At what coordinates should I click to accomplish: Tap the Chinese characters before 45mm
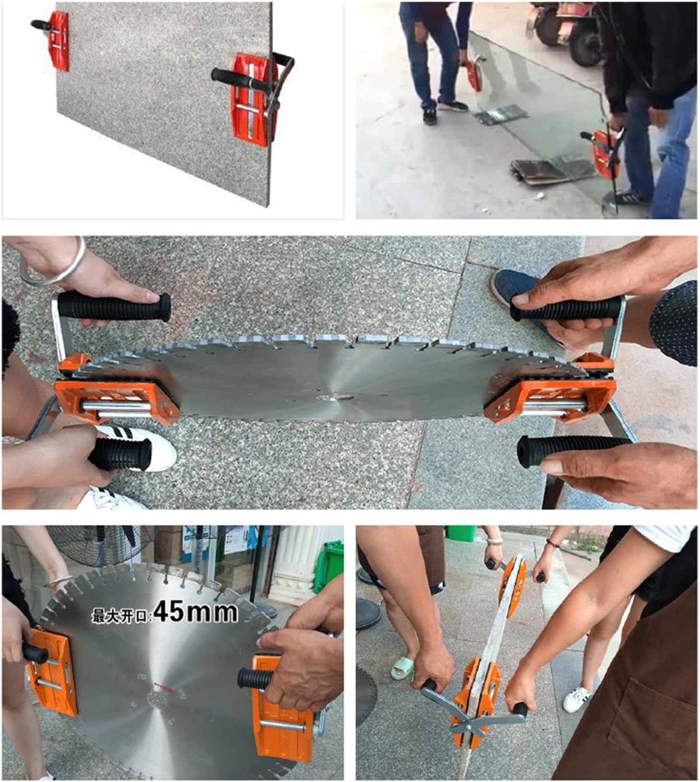click(x=122, y=616)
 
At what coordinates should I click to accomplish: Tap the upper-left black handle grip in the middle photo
click(x=114, y=307)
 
